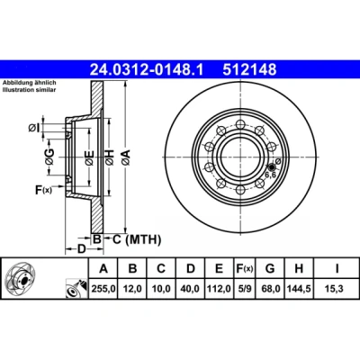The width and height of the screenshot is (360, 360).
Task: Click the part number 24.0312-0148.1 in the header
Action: point(147,70)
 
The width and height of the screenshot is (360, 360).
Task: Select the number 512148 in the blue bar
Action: point(249,70)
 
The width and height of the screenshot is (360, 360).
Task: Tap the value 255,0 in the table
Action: point(103,289)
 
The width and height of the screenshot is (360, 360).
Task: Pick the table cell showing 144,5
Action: point(299,289)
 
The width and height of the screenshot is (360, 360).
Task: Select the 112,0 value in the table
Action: point(219,289)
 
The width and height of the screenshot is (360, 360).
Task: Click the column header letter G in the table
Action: point(270,268)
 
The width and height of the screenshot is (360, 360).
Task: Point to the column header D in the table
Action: point(191,268)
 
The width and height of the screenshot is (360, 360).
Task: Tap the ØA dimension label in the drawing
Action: point(126,157)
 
